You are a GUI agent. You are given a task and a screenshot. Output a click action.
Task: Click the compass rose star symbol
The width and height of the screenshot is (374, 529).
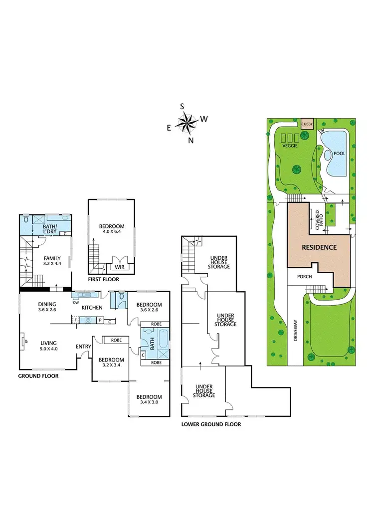click(x=188, y=122)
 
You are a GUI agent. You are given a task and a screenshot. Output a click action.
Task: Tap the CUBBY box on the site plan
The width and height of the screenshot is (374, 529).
click(x=307, y=124)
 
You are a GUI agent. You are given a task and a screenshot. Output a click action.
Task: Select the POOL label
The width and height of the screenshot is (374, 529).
click(x=339, y=154)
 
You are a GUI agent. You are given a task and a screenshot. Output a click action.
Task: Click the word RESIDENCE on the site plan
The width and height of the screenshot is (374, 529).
click(x=319, y=247)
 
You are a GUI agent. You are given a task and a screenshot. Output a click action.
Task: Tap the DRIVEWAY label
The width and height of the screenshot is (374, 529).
click(x=295, y=330)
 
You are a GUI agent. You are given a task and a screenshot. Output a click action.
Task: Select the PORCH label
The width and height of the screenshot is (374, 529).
click(x=304, y=277)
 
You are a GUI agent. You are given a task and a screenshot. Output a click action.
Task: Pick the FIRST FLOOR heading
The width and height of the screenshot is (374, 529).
click(x=104, y=279)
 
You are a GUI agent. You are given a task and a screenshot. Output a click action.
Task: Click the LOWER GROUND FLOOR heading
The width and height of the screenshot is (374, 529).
click(x=211, y=424)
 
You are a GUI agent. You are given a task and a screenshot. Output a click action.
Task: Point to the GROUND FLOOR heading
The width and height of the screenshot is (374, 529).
click(x=38, y=376)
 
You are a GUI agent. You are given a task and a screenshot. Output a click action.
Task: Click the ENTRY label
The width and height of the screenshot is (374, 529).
click(x=83, y=346)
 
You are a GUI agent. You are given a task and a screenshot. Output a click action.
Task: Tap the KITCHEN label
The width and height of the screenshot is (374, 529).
click(x=92, y=307)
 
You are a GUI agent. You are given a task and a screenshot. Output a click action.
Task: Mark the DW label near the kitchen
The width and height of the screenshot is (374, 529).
click(x=76, y=302)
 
